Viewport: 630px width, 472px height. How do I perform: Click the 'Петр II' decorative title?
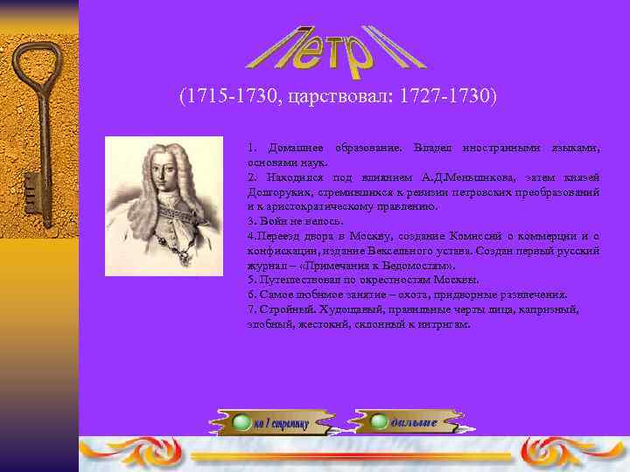click(x=337, y=47)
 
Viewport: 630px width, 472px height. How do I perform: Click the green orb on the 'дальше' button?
click(x=379, y=422)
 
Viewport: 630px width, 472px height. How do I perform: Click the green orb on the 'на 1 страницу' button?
click(x=241, y=424)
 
